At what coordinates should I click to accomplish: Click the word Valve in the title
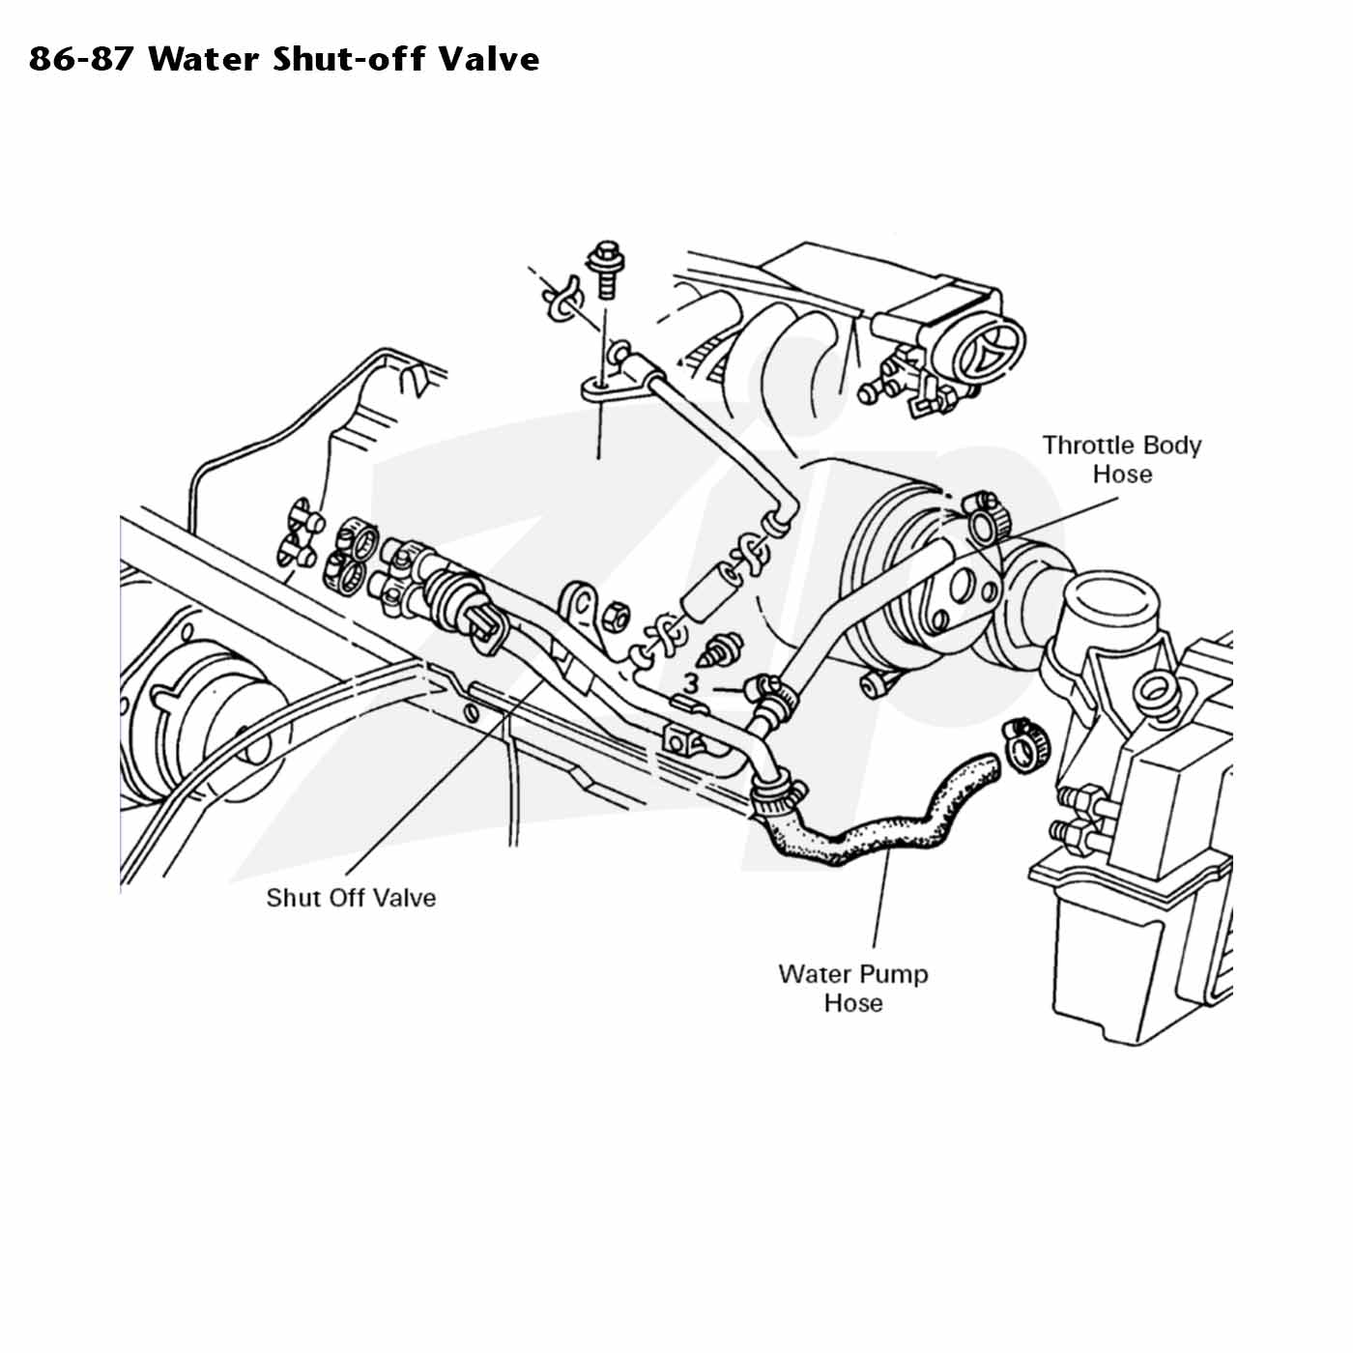click(489, 59)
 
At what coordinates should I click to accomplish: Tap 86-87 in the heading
click(81, 59)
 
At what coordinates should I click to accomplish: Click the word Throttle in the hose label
click(1087, 446)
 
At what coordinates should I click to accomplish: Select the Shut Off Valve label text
click(351, 897)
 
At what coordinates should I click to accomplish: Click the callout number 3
click(692, 683)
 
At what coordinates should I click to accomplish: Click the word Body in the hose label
click(1172, 446)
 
